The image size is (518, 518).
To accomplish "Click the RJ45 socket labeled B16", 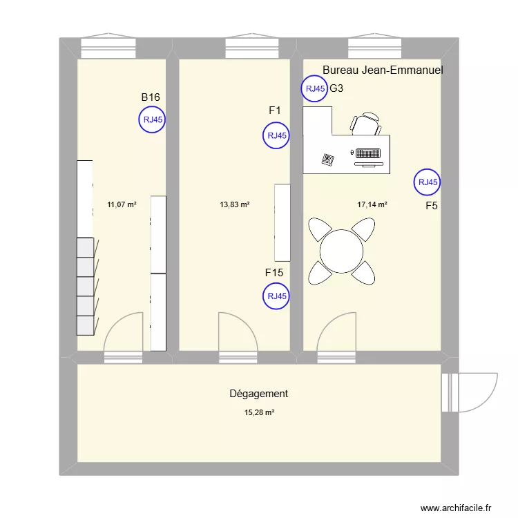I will point(153,119).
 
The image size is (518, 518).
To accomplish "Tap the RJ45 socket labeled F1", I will point(276,135).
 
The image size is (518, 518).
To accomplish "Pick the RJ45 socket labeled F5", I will point(427,182).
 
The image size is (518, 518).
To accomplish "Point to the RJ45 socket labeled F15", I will point(276,297).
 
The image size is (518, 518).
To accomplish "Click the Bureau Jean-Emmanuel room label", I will point(383,70).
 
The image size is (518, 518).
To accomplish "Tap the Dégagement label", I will point(258,394).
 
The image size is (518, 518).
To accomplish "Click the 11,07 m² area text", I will point(122,204).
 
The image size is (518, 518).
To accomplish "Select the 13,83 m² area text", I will point(234,204).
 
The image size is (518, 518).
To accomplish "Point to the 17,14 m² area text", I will point(372,204).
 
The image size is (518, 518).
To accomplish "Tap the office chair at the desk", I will point(366,124).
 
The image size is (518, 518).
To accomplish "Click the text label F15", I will point(274,273).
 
